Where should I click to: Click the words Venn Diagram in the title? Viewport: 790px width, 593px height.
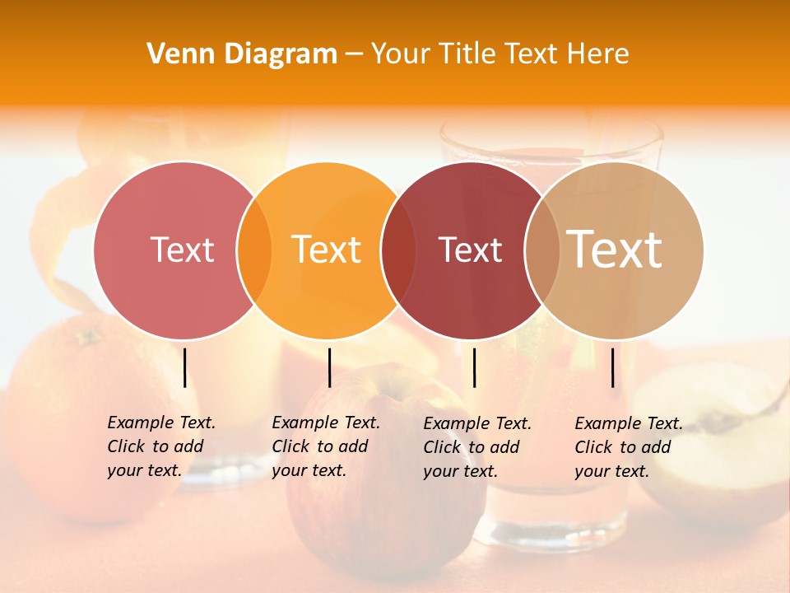click(x=242, y=54)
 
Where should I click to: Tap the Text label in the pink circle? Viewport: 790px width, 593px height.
click(x=182, y=250)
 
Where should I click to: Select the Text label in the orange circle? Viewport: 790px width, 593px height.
click(x=327, y=250)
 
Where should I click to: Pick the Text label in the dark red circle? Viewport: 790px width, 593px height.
click(x=470, y=250)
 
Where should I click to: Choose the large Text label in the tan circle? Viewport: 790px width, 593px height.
click(x=615, y=249)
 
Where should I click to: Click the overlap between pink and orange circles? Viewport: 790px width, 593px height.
click(x=254, y=250)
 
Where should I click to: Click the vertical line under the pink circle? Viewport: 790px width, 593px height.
click(x=185, y=367)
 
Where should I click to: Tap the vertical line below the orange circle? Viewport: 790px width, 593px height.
click(x=329, y=367)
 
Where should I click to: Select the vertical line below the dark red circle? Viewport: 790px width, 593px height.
click(x=474, y=367)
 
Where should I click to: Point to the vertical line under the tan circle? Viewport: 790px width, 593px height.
click(x=612, y=367)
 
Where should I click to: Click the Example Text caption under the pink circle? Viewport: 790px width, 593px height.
click(x=161, y=446)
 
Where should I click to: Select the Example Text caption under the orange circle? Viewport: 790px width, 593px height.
click(x=326, y=446)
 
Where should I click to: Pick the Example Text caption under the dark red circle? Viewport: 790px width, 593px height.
click(x=477, y=447)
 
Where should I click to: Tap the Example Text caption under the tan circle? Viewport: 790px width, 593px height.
click(x=629, y=447)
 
